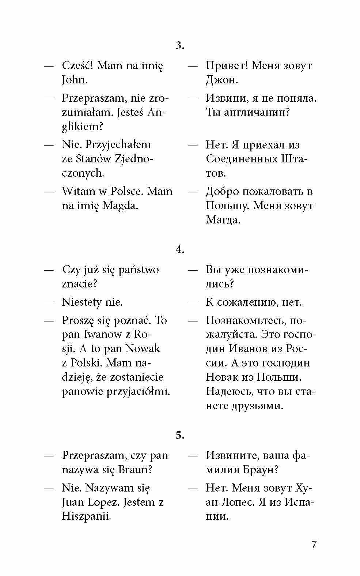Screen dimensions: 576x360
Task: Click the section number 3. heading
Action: pyautogui.click(x=180, y=46)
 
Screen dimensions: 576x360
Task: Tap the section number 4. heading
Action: pyautogui.click(x=180, y=250)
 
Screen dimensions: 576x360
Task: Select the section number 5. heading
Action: pyautogui.click(x=180, y=436)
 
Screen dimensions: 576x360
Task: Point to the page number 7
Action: pyautogui.click(x=314, y=544)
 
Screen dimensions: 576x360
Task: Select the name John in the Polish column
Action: pyautogui.click(x=75, y=80)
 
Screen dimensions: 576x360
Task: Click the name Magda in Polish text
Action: pyautogui.click(x=120, y=206)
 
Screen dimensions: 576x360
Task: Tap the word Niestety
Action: pyautogui.click(x=82, y=302)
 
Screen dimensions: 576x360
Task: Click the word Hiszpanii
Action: pyautogui.click(x=86, y=516)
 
